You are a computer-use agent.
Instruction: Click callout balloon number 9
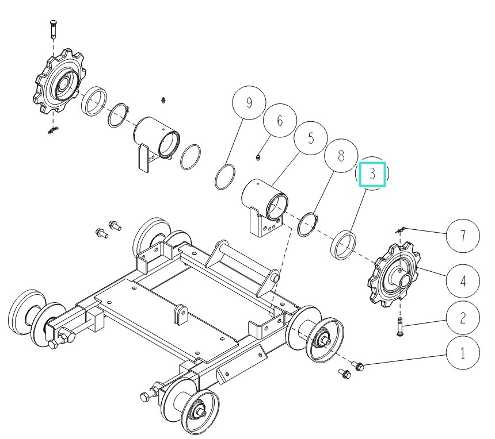click(x=249, y=103)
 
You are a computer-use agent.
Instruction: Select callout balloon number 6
click(x=280, y=121)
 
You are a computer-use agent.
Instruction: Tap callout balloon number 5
click(x=310, y=138)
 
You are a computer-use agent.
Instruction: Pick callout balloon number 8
click(x=341, y=156)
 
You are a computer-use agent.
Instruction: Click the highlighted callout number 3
click(x=372, y=174)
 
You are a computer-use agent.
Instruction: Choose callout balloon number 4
click(x=462, y=282)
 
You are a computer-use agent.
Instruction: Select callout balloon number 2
click(x=462, y=317)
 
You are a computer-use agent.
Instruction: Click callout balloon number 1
click(x=462, y=353)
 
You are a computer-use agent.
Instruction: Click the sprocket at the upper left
click(x=59, y=83)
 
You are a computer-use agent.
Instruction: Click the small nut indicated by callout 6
click(x=259, y=156)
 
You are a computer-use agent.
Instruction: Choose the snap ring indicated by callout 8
click(x=309, y=225)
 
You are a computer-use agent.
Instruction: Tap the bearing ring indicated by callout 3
click(x=344, y=242)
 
